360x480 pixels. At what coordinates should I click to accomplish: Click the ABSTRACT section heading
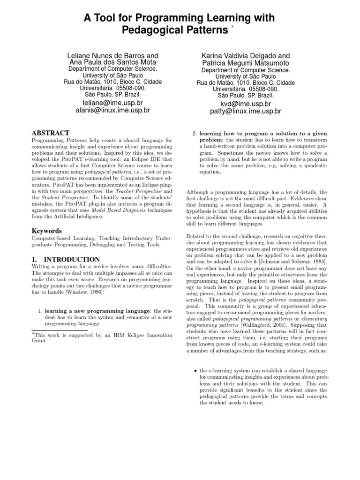click(x=51, y=133)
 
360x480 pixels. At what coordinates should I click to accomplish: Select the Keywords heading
click(x=46, y=231)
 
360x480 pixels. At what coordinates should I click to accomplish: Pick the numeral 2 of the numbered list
click(x=195, y=134)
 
